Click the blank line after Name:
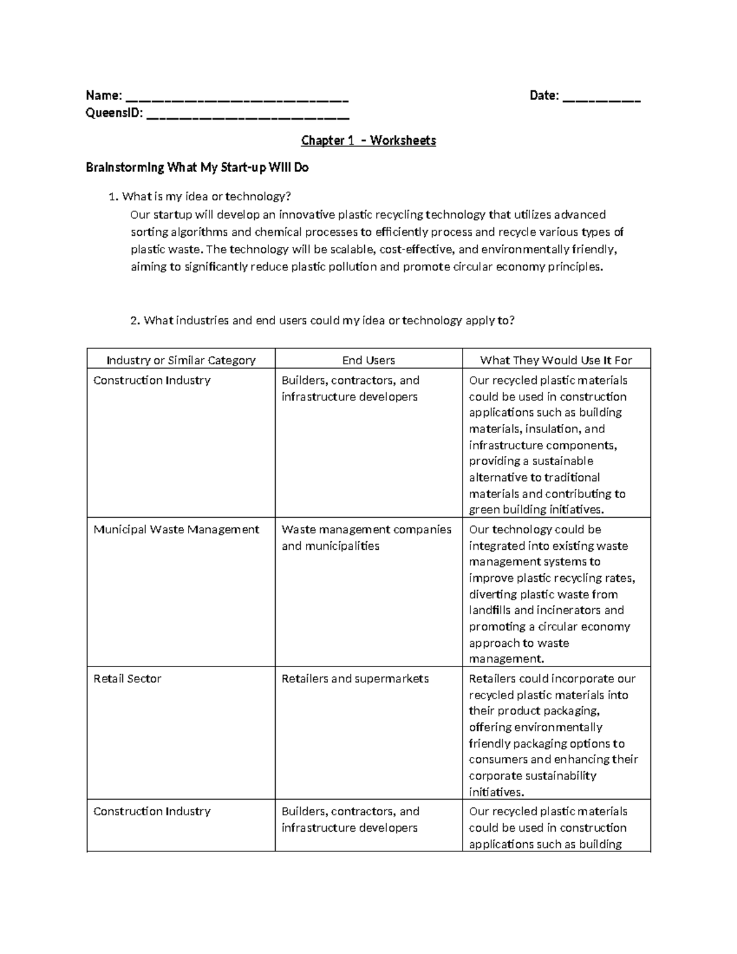tap(236, 96)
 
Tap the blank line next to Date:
tap(601, 96)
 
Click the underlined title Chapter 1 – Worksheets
tap(368, 141)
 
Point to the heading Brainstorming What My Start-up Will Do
tap(197, 168)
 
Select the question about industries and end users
tap(322, 321)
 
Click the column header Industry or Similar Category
tap(181, 360)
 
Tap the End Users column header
tap(368, 360)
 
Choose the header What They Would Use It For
tap(556, 360)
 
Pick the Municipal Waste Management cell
tap(176, 530)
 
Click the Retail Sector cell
tap(127, 679)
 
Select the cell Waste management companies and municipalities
tap(366, 538)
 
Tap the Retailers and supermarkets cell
tap(355, 679)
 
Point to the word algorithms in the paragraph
tap(199, 232)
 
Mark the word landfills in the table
tap(489, 611)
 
